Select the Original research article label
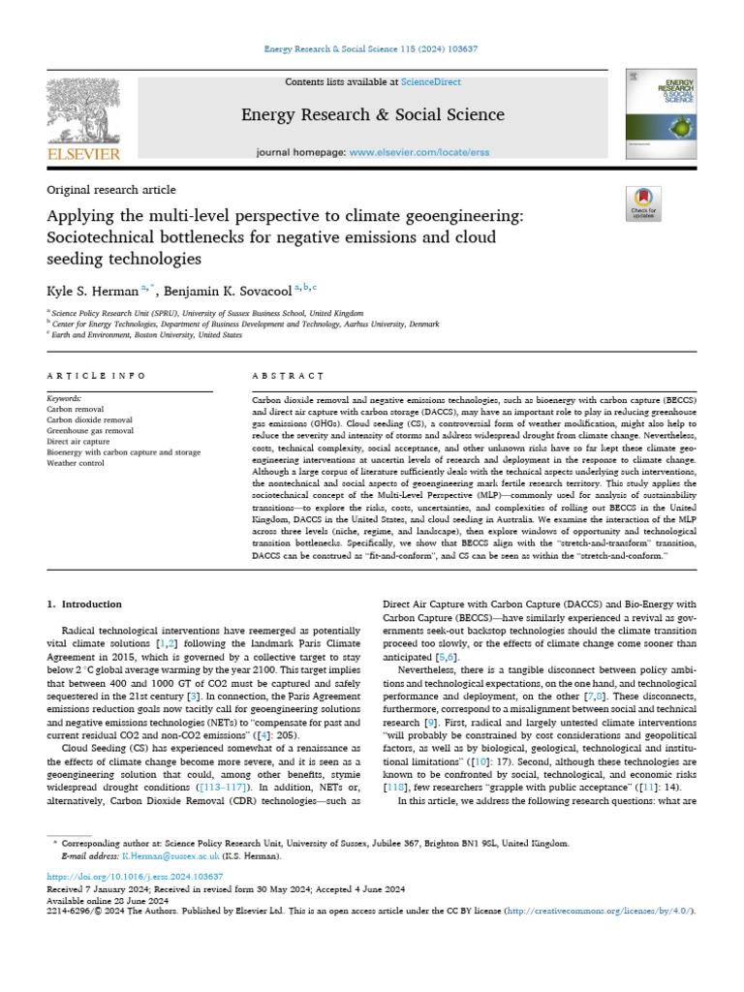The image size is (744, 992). [x=111, y=190]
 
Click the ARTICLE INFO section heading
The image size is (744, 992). [x=96, y=375]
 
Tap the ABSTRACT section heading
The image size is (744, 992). [x=287, y=375]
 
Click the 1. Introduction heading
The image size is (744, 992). [x=85, y=604]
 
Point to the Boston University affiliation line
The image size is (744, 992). [x=147, y=335]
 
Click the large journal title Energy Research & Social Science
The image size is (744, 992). [x=372, y=116]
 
